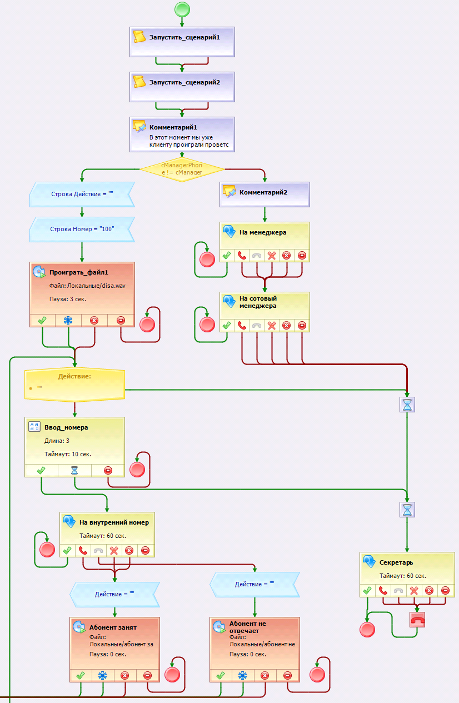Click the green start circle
click(182, 9)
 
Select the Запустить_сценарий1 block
click(182, 42)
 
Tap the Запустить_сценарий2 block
click(182, 87)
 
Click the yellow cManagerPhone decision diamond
click(182, 169)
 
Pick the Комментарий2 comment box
click(265, 195)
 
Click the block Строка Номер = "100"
click(82, 229)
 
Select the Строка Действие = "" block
click(82, 195)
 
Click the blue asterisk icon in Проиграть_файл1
click(68, 320)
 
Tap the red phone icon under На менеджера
click(242, 256)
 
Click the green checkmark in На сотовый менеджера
click(227, 326)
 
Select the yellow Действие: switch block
click(74, 385)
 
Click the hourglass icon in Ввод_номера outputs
click(74, 470)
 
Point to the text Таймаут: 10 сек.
click(68, 454)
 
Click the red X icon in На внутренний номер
click(114, 551)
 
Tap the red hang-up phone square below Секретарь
click(417, 620)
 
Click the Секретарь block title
click(396, 562)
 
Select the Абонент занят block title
click(113, 627)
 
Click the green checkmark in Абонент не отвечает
click(221, 675)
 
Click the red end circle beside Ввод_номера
click(137, 470)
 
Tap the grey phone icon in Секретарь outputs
click(398, 591)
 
